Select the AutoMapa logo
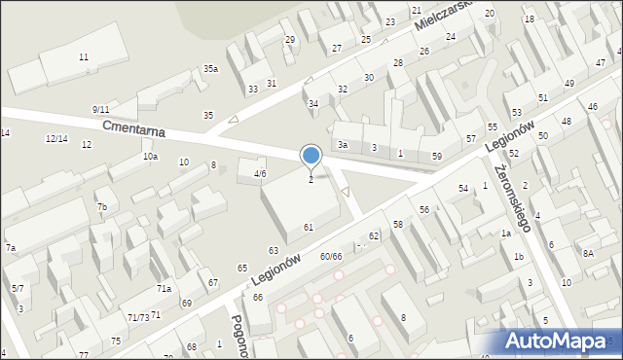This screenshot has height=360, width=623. (561, 341)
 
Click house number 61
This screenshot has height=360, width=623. (309, 227)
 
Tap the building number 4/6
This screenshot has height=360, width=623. (260, 173)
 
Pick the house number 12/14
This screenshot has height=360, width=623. (56, 139)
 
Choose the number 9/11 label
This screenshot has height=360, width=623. (100, 109)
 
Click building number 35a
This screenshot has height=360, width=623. (210, 69)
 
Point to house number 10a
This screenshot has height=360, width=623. (150, 157)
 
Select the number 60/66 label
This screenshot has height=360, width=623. (331, 257)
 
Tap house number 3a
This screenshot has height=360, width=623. (343, 145)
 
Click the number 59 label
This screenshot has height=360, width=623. (437, 156)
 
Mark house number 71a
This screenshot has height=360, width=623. (165, 289)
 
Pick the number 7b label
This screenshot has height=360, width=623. (101, 207)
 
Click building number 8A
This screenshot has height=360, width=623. (588, 253)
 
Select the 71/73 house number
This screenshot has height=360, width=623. (137, 318)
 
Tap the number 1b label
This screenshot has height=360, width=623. (519, 256)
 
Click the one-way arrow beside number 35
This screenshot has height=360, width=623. (232, 121)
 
